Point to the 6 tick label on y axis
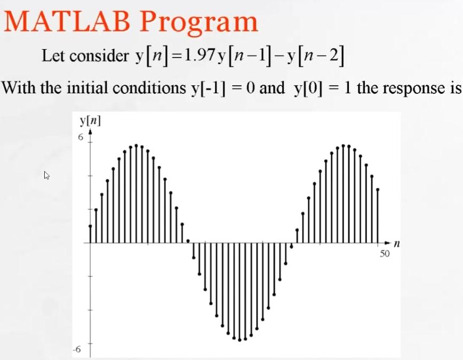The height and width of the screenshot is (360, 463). pyautogui.click(x=81, y=137)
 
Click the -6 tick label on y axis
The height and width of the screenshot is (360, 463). pyautogui.click(x=77, y=350)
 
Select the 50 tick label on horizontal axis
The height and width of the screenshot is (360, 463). pyautogui.click(x=385, y=254)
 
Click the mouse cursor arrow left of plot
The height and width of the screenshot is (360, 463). pyautogui.click(x=47, y=174)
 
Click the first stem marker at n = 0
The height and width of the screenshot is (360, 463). pyautogui.click(x=90, y=226)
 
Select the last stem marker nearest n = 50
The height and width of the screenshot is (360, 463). pyautogui.click(x=378, y=189)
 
